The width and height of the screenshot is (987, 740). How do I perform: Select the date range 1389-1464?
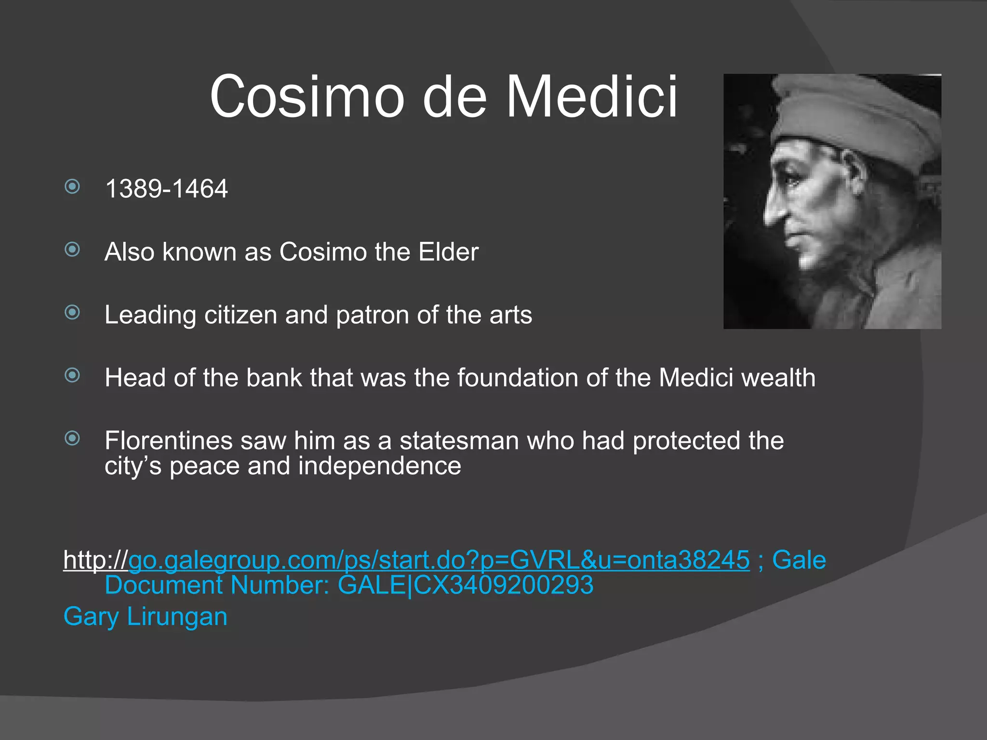166,188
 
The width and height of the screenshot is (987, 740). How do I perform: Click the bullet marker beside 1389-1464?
72,186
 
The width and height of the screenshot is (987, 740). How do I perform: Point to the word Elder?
448,251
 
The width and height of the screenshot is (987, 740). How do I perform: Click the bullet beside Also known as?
72,250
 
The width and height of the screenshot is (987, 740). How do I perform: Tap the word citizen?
240,315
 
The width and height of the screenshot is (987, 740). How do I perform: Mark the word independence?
379,466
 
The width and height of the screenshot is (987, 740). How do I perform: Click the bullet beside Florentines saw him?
72,438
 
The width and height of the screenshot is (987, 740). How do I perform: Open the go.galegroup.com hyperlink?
439,560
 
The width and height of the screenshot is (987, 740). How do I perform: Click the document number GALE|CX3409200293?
465,585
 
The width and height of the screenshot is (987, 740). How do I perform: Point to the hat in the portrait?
858,116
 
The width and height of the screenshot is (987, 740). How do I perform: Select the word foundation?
517,378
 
